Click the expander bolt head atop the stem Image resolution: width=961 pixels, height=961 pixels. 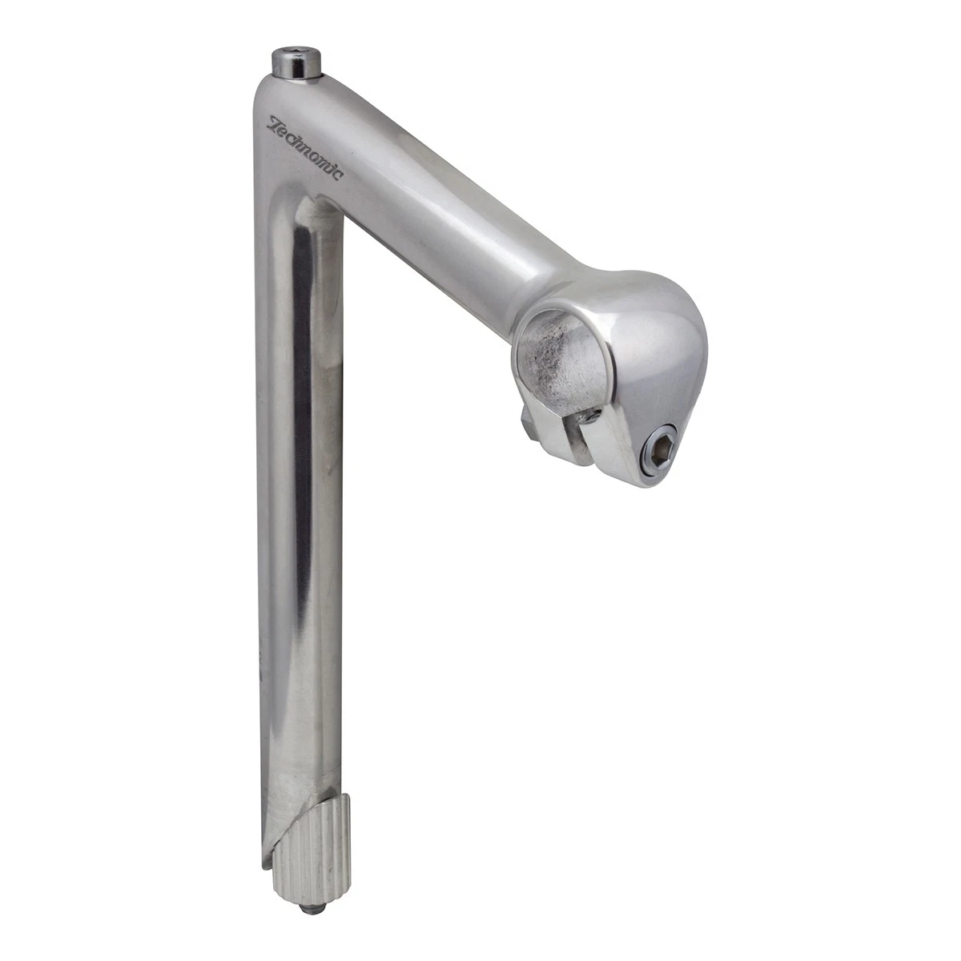pyautogui.click(x=296, y=63)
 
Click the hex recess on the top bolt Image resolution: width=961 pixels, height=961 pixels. pyautogui.click(x=297, y=55)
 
